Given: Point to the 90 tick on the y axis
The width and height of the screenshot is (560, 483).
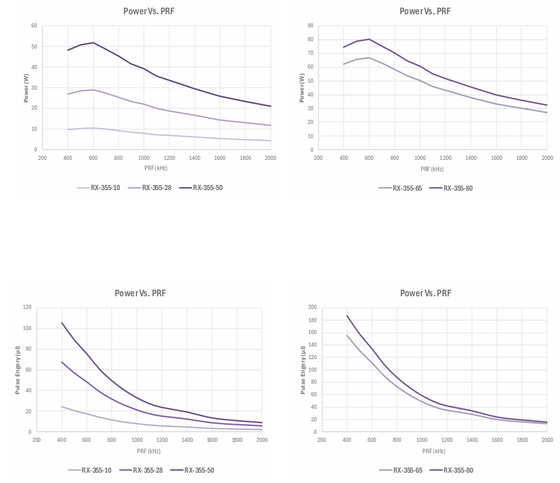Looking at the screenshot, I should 311,26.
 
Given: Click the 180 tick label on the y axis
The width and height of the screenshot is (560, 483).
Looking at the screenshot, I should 312,320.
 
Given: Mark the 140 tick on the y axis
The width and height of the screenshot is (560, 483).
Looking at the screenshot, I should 312,345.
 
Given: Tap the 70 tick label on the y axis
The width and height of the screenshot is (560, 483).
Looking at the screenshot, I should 311,53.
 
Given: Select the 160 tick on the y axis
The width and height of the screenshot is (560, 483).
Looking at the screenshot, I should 312,332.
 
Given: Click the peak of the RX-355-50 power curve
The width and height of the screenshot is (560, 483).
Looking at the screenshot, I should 93,43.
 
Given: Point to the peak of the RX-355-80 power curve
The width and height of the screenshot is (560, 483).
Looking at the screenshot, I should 369,39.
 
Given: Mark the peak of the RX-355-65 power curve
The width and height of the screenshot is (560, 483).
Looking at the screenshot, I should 369,58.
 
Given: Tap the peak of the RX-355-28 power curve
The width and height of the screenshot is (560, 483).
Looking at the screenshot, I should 93,90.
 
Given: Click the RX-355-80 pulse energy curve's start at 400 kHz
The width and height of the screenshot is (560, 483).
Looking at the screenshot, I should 347,316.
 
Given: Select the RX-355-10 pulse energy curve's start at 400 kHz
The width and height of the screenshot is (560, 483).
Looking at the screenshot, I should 62,406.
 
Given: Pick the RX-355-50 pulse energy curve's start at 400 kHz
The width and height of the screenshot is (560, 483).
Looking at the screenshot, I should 62,323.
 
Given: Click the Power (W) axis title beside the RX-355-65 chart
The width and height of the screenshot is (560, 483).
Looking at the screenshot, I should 302,88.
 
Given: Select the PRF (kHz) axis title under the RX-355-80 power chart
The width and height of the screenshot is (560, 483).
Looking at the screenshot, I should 432,169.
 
